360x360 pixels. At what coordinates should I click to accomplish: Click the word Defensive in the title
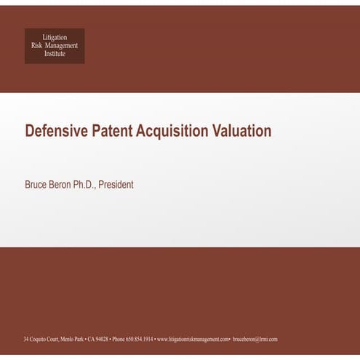click(56, 132)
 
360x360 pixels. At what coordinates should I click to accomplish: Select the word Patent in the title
click(113, 132)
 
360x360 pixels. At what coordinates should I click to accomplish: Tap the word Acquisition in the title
click(173, 132)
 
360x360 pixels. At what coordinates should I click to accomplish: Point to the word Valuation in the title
click(241, 132)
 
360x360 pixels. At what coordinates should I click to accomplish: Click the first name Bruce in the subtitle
click(37, 185)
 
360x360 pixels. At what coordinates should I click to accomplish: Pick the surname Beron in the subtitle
click(66, 185)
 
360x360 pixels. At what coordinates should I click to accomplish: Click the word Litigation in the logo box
click(55, 37)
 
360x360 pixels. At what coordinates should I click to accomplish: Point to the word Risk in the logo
click(37, 45)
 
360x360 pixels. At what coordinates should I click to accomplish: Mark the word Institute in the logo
click(55, 54)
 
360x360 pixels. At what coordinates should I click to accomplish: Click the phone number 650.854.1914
click(140, 340)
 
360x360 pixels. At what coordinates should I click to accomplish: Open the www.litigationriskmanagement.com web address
click(193, 340)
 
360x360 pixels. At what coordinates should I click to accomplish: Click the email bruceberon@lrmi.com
click(255, 340)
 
